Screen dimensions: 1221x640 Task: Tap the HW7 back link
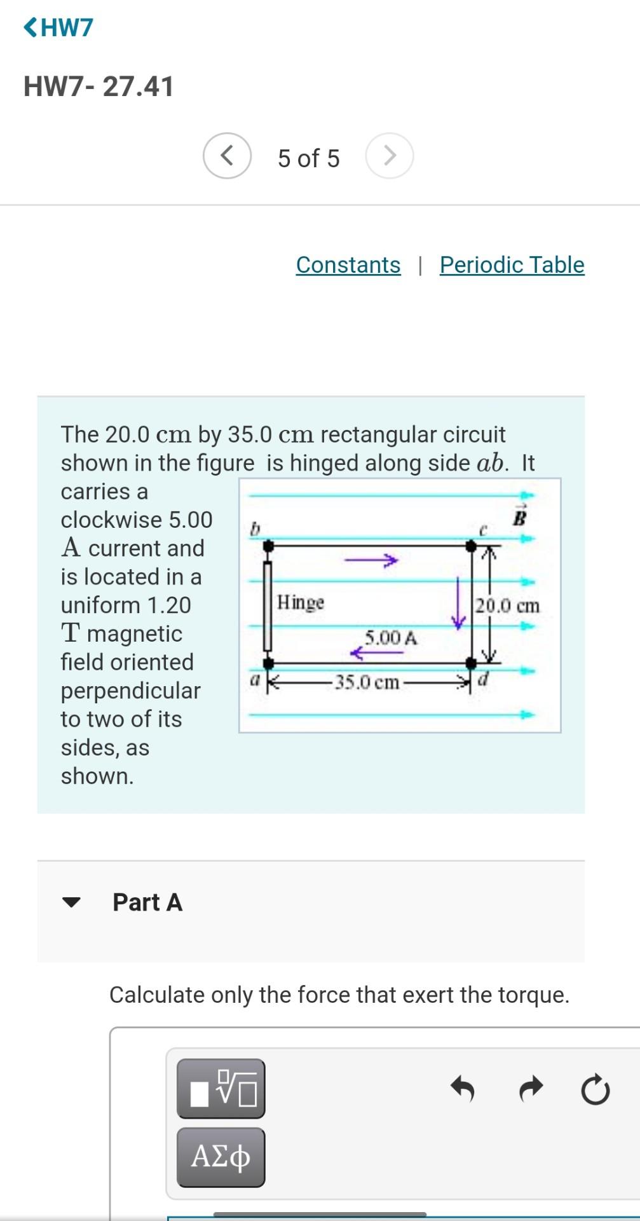pyautogui.click(x=58, y=27)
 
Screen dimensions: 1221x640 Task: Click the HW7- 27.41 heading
pyautogui.click(x=99, y=86)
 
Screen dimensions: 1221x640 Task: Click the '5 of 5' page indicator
pyautogui.click(x=308, y=158)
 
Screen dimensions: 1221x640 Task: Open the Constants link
pyautogui.click(x=348, y=265)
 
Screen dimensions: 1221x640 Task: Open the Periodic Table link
pyautogui.click(x=512, y=265)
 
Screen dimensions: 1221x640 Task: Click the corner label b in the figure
pyautogui.click(x=255, y=528)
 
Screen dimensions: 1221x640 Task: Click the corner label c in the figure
pyautogui.click(x=482, y=529)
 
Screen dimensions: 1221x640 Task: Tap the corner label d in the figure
pyautogui.click(x=483, y=679)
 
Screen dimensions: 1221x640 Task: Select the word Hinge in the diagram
pyautogui.click(x=301, y=602)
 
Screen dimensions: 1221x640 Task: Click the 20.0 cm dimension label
pyautogui.click(x=507, y=605)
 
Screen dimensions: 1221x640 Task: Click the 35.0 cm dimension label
pyautogui.click(x=367, y=682)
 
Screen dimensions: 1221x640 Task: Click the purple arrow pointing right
pyautogui.click(x=371, y=560)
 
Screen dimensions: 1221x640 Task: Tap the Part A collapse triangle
pyautogui.click(x=72, y=902)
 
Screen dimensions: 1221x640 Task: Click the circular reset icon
pyautogui.click(x=595, y=1090)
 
